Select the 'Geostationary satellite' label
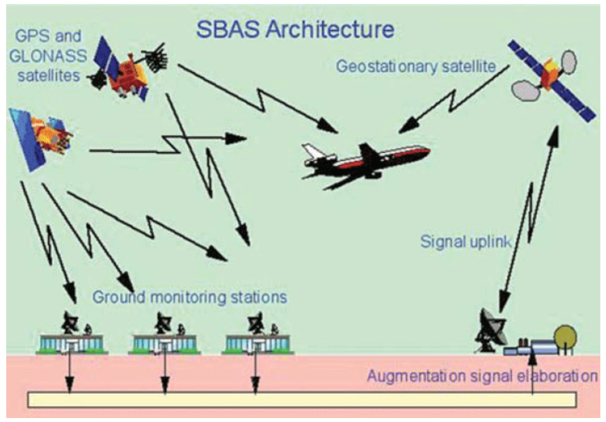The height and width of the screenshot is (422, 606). (x=415, y=66)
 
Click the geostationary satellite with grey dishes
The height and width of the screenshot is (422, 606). (x=551, y=79)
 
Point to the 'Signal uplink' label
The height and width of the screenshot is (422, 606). (x=466, y=242)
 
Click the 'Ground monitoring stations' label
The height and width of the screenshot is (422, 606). (x=189, y=296)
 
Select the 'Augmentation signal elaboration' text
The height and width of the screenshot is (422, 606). (x=482, y=376)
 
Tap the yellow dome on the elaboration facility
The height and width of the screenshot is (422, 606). (x=565, y=337)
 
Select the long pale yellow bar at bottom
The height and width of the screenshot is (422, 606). (x=302, y=399)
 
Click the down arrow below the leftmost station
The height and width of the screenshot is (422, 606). (x=70, y=373)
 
